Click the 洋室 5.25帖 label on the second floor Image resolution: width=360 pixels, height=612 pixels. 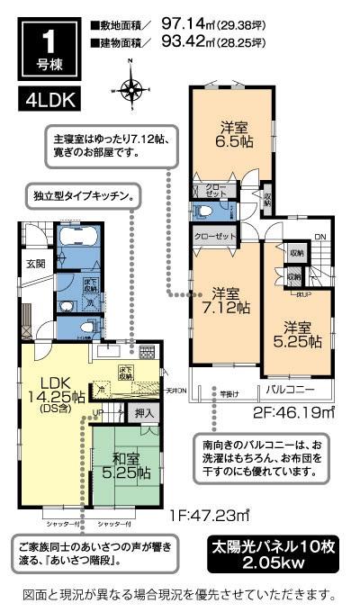click(x=298, y=333)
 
